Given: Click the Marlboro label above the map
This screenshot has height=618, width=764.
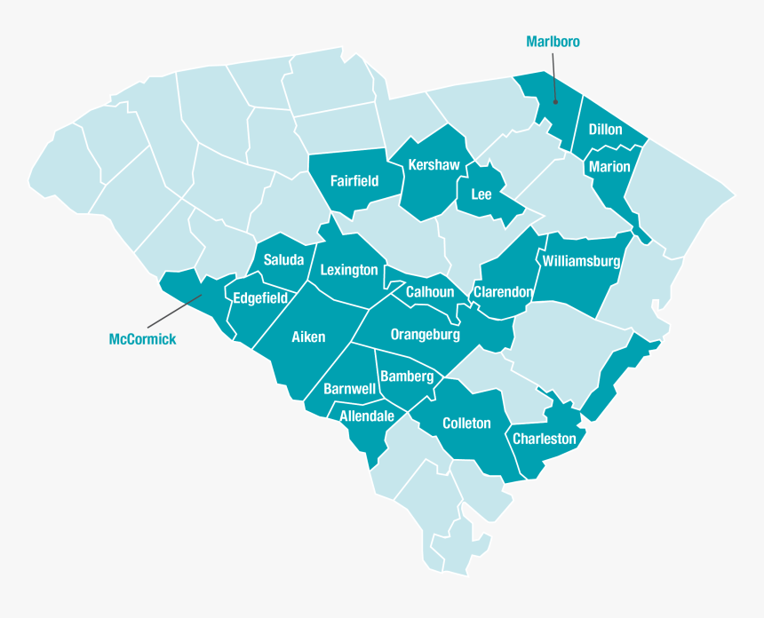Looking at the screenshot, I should coord(553,42).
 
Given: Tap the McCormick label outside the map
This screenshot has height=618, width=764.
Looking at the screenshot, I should coord(142,339).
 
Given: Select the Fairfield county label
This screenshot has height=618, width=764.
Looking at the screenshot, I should coord(354,181).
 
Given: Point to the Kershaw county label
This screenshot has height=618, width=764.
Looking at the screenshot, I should coord(434,165).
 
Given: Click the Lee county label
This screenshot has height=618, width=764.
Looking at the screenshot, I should coord(481,194).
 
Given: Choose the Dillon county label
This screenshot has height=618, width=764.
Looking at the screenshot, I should coord(605,130).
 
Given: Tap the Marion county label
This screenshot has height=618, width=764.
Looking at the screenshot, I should coord(609,167).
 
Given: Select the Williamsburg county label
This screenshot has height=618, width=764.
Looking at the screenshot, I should coord(580,261).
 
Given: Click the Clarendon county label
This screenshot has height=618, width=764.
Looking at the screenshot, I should coord(503,291).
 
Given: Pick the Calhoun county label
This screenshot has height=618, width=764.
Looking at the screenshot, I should coord(430,292).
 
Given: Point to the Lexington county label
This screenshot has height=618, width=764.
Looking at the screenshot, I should coord(349,270).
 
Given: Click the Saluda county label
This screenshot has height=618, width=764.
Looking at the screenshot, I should coord(283,260).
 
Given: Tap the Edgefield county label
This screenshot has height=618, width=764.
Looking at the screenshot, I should coord(260,298).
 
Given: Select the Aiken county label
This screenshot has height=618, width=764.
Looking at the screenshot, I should coord(308,337).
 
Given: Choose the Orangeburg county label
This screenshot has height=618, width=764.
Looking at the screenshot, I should coord(426,335).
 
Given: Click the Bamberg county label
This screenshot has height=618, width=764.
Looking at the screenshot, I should coord(407,376).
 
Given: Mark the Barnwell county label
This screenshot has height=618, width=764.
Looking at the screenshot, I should coord(349,389).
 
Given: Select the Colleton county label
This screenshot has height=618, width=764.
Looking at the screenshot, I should coord(466,423).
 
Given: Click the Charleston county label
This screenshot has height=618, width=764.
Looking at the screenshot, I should coord(545,439).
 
